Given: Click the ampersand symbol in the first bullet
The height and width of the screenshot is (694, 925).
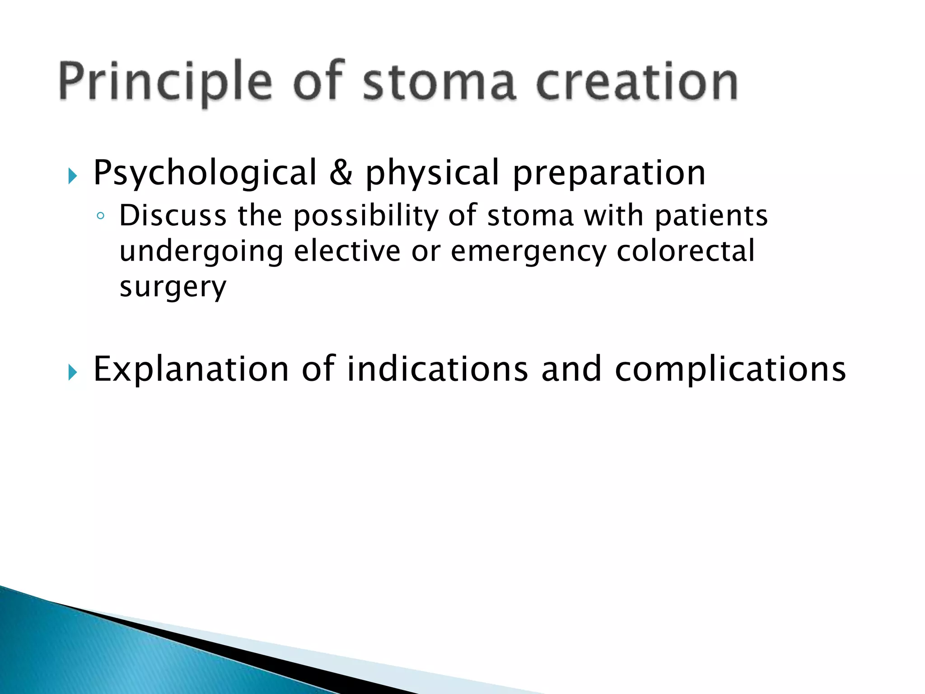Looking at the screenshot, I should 341,173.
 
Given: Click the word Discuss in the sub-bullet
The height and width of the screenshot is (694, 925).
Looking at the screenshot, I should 173,216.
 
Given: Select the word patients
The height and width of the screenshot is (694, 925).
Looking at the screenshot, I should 711,216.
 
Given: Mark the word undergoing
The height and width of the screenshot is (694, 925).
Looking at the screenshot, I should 201,252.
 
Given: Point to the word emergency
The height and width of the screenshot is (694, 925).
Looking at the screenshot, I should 528,252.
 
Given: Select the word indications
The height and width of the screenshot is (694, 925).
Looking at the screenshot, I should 437,369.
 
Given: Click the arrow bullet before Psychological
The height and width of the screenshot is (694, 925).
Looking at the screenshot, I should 73,176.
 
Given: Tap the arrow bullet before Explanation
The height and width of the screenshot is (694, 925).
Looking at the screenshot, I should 73,372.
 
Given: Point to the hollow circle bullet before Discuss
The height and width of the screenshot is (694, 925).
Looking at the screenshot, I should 101,216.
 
